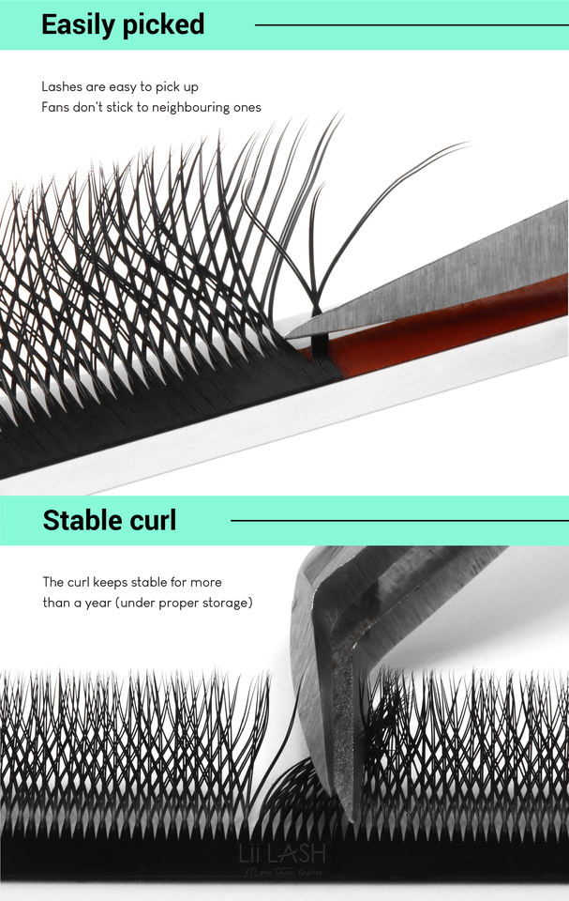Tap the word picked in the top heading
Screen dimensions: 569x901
coord(165,25)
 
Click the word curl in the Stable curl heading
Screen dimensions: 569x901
coord(151,520)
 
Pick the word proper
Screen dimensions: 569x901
coord(178,603)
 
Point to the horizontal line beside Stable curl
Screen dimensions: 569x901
coord(398,520)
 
